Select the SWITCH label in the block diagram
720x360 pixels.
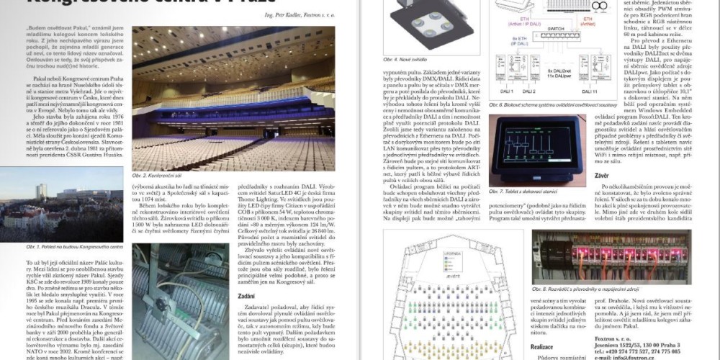557,35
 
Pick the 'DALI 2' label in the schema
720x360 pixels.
528,92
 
